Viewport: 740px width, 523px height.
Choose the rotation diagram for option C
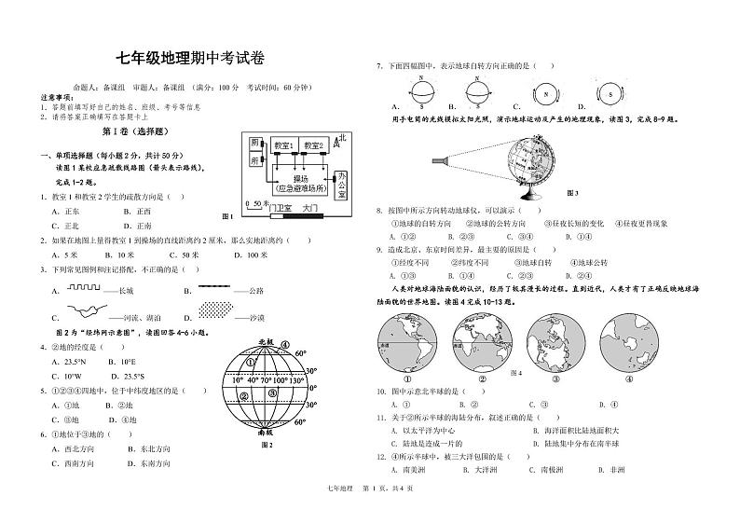pyautogui.click(x=541, y=93)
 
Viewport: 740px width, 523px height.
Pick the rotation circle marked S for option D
pyautogui.click(x=610, y=93)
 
